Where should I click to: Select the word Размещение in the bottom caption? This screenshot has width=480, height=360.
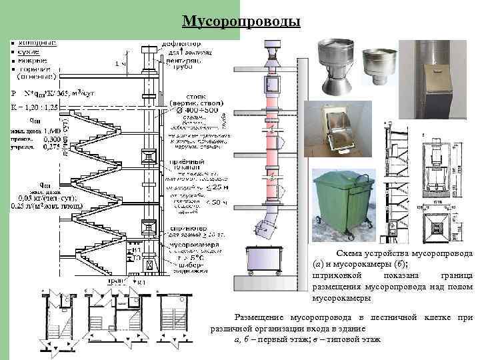pos(259,316)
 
